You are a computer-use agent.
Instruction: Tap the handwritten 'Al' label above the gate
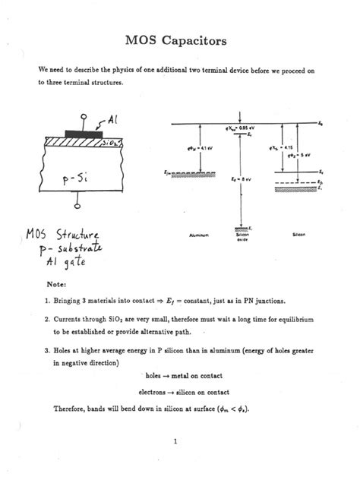(x=112, y=119)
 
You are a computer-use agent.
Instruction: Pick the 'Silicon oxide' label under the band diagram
(x=244, y=238)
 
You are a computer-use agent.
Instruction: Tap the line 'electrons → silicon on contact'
(x=181, y=392)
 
